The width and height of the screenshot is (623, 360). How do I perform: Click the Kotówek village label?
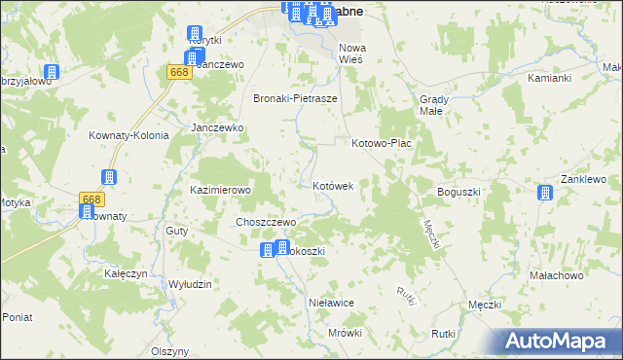[x=339, y=185]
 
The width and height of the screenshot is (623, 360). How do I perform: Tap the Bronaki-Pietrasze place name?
[x=295, y=98]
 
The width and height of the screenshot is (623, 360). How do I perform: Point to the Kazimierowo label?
[x=220, y=190]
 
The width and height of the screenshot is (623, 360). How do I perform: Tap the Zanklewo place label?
[x=584, y=180]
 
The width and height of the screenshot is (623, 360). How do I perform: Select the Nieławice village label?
[x=330, y=303]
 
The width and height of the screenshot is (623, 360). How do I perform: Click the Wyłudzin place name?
[x=190, y=283]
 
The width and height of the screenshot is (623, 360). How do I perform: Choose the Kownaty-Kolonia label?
[x=128, y=135]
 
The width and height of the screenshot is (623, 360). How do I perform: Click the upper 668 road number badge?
[x=178, y=73]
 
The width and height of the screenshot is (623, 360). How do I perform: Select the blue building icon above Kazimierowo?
[x=109, y=178]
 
